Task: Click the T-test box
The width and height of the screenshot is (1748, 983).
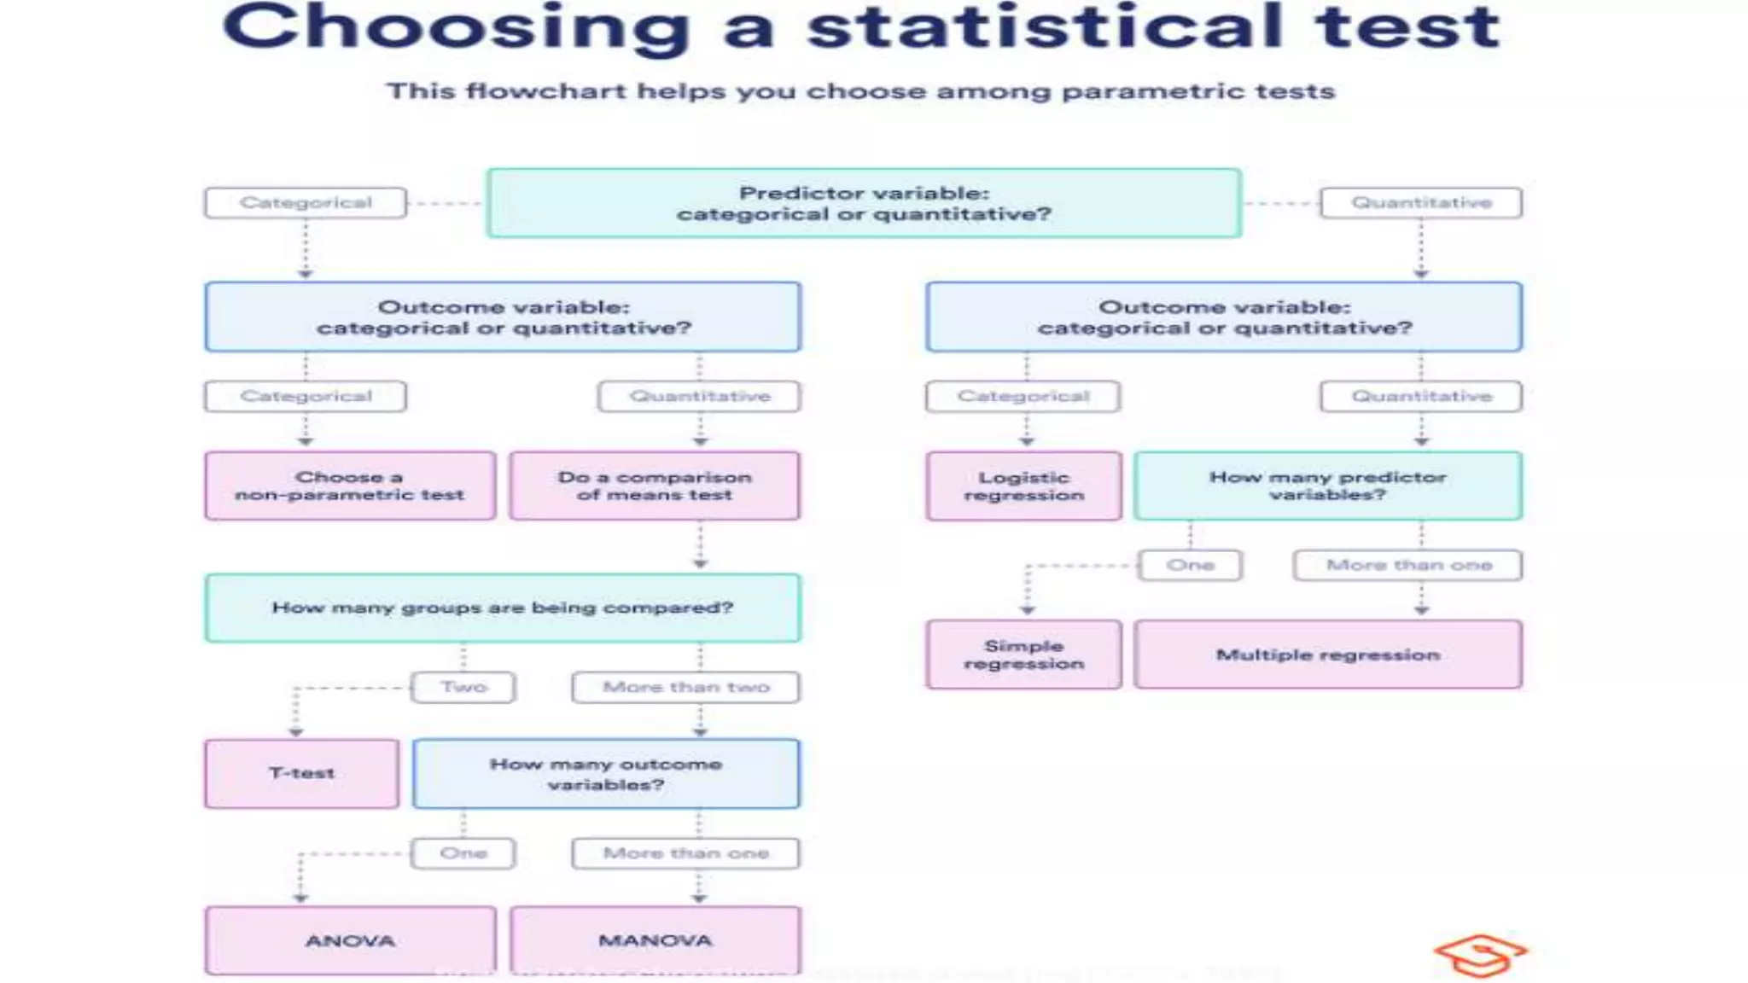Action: (301, 773)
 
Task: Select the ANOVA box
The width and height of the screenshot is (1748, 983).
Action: (350, 940)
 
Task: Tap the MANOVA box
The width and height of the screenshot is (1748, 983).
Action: (655, 940)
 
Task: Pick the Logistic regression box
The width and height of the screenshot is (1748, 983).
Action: (1023, 486)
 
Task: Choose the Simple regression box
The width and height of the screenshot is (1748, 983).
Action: (1023, 654)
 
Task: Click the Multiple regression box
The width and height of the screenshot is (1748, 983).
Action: (1327, 654)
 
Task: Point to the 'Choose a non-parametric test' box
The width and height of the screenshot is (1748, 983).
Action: (350, 486)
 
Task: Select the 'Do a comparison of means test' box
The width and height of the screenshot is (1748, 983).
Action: (655, 486)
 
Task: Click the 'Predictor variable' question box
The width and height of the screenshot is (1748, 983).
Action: (864, 203)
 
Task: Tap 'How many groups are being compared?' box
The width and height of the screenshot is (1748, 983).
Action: (503, 608)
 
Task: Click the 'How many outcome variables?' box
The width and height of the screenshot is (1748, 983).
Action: (606, 774)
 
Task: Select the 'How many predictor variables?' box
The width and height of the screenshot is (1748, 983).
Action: (1327, 486)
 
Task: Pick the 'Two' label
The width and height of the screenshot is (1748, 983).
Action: (463, 687)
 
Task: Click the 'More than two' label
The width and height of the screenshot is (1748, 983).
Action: (686, 687)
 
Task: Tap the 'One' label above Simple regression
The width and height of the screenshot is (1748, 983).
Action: (1190, 565)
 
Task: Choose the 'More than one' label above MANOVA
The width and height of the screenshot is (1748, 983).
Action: (686, 853)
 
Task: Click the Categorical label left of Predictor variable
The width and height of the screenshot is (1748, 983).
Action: (306, 203)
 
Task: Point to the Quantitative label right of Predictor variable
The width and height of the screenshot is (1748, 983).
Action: (1421, 203)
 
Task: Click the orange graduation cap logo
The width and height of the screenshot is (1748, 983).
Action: (1480, 956)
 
